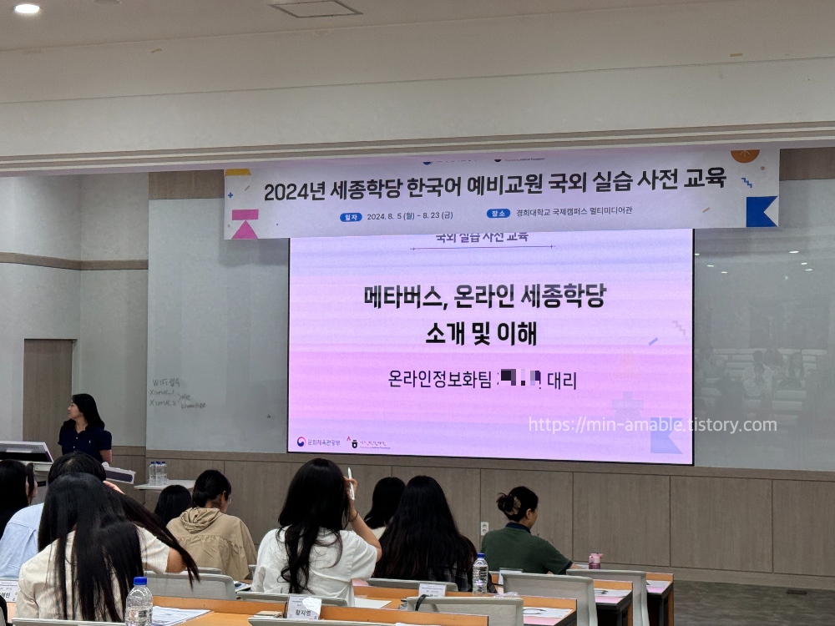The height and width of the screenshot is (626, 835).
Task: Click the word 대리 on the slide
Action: tap(562, 381)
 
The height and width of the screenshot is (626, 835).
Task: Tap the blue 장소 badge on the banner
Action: tap(498, 213)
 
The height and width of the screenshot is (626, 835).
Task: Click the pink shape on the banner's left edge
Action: tap(245, 225)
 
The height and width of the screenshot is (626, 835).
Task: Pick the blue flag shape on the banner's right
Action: tap(761, 211)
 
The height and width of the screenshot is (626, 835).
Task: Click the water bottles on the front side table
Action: tap(157, 472)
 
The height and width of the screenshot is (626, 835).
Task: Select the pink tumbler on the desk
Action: tap(595, 560)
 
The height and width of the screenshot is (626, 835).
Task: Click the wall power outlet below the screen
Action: tap(484, 528)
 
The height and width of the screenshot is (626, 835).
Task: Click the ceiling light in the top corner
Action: tap(27, 8)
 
